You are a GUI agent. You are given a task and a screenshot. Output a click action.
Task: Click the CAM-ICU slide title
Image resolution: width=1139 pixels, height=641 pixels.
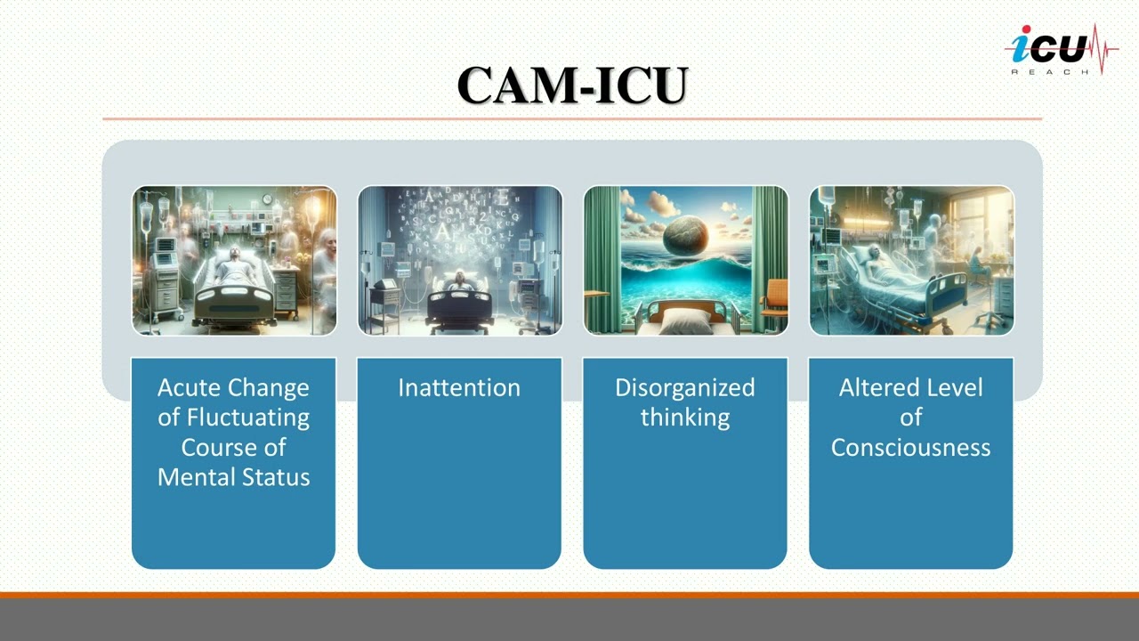tap(572, 85)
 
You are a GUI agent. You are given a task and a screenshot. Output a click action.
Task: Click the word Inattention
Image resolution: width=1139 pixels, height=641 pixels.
tap(459, 388)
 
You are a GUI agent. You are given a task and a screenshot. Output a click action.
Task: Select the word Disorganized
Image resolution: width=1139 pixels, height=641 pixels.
tap(684, 388)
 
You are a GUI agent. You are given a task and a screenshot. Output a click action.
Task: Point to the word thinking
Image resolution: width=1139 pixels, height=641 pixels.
tap(684, 418)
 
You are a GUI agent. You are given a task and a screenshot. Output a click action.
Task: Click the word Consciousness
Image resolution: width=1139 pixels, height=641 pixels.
tap(910, 447)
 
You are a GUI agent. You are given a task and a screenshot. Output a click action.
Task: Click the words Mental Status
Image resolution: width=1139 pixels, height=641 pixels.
tap(234, 477)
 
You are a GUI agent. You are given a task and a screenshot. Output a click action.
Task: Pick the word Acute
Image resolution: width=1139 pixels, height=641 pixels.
tap(190, 388)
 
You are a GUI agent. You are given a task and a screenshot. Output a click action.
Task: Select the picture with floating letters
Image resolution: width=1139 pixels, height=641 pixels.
tap(460, 260)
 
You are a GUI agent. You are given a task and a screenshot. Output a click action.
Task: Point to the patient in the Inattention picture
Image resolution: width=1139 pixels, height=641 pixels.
tap(459, 282)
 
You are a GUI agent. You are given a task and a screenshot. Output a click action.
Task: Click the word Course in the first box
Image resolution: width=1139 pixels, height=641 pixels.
tap(233, 447)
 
